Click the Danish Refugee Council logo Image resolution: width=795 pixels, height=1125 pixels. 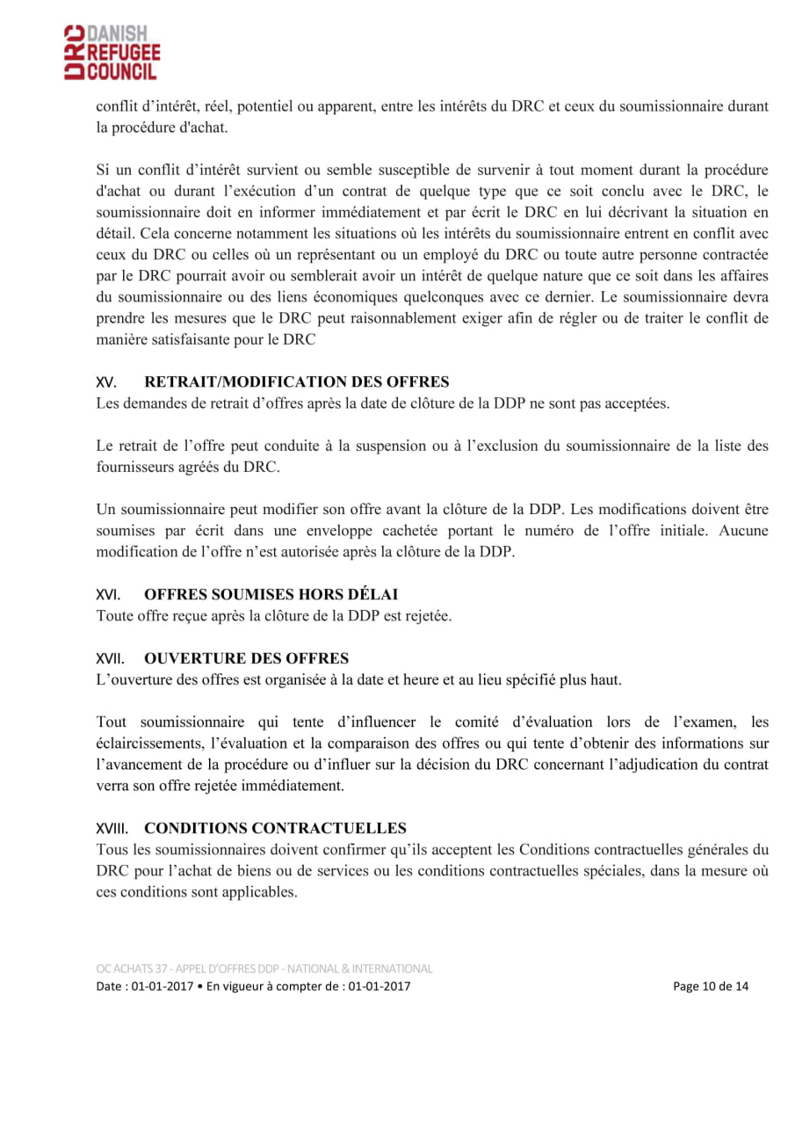point(111,53)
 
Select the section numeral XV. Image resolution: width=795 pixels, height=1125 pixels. point(106,383)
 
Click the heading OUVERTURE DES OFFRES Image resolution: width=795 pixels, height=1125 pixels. point(246,658)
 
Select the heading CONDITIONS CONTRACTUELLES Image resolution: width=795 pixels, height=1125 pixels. point(275,829)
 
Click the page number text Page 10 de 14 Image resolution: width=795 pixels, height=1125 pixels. point(711,986)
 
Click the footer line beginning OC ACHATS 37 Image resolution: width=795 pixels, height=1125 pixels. point(264,969)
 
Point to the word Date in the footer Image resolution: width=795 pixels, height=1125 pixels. point(110,986)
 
